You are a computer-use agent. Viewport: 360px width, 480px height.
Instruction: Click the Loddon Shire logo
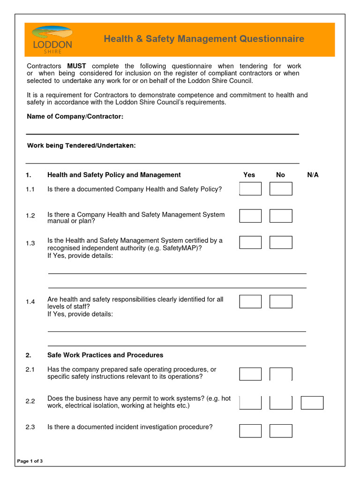(52, 40)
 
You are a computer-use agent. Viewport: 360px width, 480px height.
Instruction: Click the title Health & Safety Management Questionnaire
(204, 39)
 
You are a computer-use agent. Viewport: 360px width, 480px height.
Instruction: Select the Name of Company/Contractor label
(75, 116)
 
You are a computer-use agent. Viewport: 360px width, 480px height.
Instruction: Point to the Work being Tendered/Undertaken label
(82, 146)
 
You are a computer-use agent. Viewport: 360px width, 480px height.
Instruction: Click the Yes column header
(249, 175)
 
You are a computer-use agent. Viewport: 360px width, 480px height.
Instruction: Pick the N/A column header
(313, 175)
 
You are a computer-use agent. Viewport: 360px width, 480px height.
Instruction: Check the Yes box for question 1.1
(250, 189)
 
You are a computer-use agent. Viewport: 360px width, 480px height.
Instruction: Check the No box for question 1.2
(281, 216)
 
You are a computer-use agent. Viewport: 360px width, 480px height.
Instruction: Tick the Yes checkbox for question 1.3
(250, 242)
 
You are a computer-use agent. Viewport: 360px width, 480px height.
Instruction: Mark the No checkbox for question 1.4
(281, 301)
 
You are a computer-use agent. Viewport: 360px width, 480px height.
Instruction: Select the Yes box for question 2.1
(250, 374)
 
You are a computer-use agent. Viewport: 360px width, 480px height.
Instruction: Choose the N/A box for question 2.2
(312, 403)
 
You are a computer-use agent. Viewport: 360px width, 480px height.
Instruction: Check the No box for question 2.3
(281, 431)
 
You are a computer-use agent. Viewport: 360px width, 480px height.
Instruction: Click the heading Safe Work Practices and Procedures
(105, 355)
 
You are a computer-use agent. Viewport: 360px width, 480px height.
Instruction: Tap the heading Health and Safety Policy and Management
(114, 175)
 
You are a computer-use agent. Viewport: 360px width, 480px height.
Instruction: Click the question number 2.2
(30, 402)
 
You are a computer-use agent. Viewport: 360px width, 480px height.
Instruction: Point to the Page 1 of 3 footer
(30, 461)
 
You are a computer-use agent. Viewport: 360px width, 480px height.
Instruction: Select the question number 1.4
(30, 302)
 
